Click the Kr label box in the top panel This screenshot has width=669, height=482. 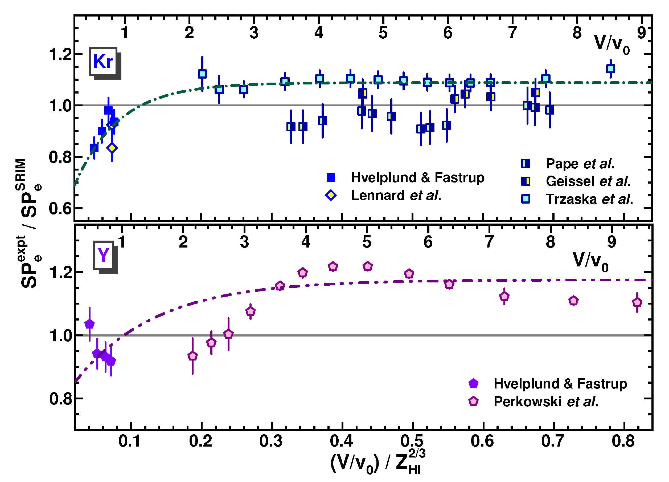[103, 62]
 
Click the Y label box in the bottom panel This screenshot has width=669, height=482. [104, 255]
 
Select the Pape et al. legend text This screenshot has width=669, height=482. [580, 164]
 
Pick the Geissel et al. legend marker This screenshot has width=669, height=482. [526, 181]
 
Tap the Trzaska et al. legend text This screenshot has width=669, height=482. [589, 199]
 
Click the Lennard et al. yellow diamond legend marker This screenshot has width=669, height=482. [331, 195]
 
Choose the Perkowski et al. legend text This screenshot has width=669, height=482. [546, 402]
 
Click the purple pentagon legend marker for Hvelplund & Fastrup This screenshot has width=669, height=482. [473, 384]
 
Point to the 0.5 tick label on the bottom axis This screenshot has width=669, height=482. [412, 441]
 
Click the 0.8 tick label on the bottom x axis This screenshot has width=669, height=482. [623, 441]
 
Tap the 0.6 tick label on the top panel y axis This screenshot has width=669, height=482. [60, 209]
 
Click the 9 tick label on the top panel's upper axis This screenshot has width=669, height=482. [642, 33]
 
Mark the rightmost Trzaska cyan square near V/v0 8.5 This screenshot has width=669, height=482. [611, 69]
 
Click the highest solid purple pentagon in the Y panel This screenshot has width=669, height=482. [89, 324]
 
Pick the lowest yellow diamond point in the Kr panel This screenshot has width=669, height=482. [112, 148]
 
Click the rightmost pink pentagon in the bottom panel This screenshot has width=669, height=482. [637, 302]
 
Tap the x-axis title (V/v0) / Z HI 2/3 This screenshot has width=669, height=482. [377, 462]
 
